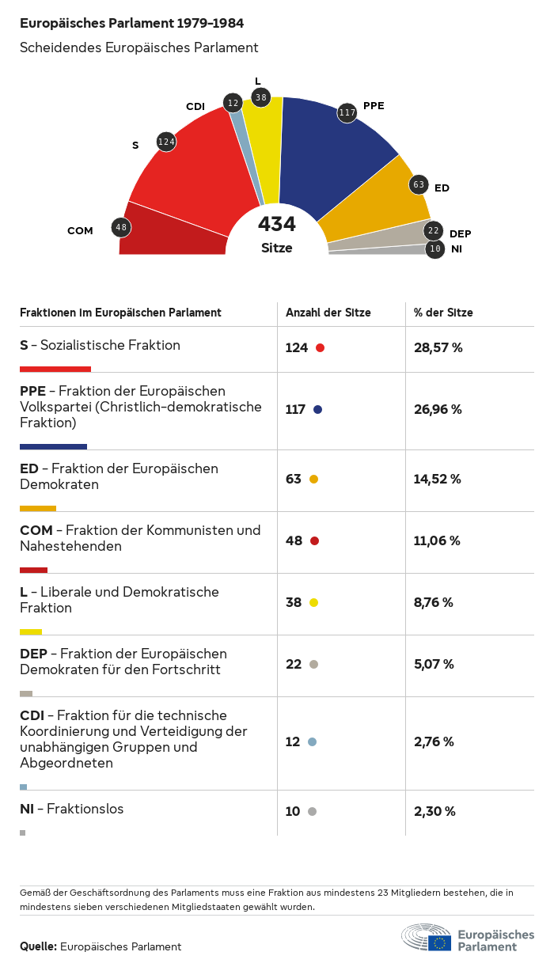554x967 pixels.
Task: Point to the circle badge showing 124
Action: click(166, 142)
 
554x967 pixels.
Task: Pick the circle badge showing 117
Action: click(347, 113)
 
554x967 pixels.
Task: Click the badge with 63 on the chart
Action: click(419, 185)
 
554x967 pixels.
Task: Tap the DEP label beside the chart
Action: click(460, 233)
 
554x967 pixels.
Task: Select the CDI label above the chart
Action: click(195, 106)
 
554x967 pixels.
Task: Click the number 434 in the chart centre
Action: click(277, 225)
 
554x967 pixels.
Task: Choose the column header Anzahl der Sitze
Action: click(328, 313)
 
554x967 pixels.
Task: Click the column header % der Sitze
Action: click(443, 313)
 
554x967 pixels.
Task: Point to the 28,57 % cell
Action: click(438, 347)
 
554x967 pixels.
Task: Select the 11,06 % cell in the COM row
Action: click(437, 541)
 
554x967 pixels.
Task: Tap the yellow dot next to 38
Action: click(313, 603)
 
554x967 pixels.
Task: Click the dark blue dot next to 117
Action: click(317, 410)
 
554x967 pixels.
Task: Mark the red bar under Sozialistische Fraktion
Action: click(55, 369)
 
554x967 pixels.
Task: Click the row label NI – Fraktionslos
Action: click(72, 809)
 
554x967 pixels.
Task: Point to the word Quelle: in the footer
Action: click(38, 946)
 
